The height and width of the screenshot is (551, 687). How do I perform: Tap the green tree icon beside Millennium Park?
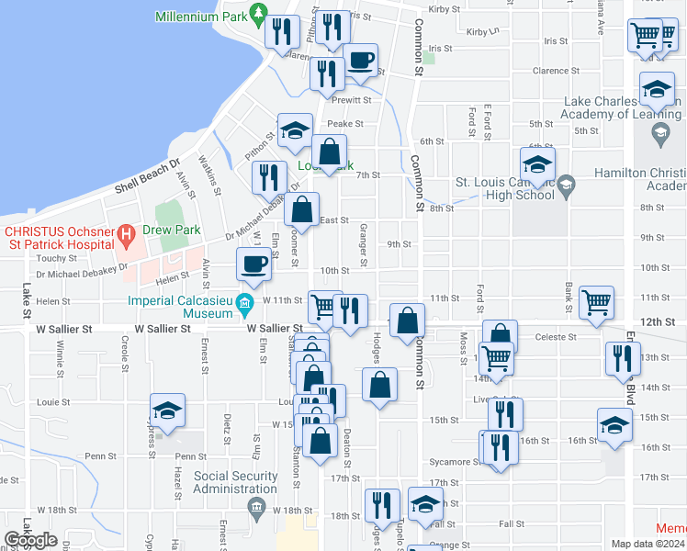[259, 14]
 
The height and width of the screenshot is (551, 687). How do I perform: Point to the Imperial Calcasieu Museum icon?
[243, 303]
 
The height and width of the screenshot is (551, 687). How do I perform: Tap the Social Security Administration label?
[236, 482]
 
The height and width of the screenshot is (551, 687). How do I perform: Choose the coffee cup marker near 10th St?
[253, 264]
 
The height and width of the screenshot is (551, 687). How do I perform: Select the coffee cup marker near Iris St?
[360, 60]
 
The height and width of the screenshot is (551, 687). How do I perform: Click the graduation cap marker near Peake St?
[295, 129]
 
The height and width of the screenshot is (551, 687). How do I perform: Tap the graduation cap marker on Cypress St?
[167, 410]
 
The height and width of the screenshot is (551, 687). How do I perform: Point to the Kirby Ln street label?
[482, 31]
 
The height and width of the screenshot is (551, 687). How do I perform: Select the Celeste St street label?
[557, 337]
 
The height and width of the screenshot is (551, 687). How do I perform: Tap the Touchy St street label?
[46, 259]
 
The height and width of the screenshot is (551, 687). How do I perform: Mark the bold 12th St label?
[658, 322]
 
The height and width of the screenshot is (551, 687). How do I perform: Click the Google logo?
[30, 540]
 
